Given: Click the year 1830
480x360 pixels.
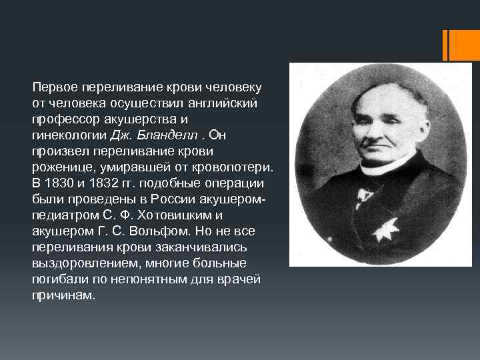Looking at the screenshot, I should coord(58,181).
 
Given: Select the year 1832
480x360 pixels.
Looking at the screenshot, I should coord(104,181).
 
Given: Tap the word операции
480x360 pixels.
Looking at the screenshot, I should coord(229,181).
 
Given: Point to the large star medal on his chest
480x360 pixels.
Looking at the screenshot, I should coord(385,230).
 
